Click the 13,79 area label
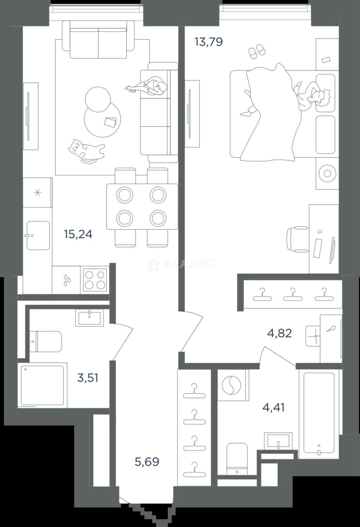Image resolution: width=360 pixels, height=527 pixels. tap(208, 42)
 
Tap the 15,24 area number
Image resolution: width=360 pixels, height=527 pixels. tap(78, 234)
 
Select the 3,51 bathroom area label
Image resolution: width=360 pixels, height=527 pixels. tap(88, 378)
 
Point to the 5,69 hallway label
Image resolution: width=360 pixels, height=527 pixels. tap(147, 462)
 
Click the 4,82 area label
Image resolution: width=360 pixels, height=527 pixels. tap(280, 333)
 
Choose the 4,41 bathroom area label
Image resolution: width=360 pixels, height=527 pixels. tap(273, 407)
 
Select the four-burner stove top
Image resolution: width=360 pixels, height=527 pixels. tap(95, 280)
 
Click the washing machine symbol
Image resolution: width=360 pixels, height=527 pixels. tap(232, 385)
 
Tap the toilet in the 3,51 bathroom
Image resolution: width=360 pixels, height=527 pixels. tap(46, 342)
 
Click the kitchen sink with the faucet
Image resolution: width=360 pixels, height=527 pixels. tap(38, 235)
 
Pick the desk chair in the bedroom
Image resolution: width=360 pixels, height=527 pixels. tap(298, 239)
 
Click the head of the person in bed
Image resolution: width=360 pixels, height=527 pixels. tap(321, 98)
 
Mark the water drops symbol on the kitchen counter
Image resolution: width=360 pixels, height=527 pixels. tap(66, 280)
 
